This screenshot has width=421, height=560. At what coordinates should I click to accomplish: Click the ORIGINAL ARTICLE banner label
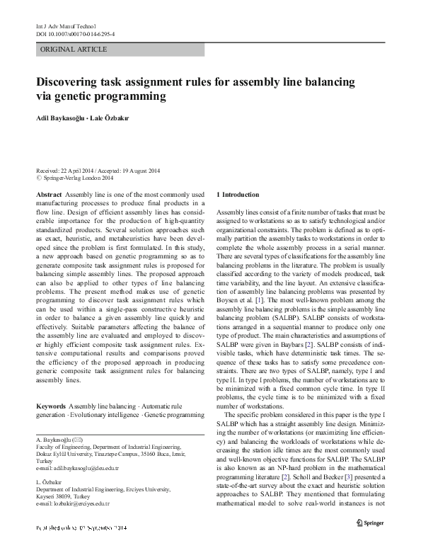pos(74,50)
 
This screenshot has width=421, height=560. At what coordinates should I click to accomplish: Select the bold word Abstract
pos(48,194)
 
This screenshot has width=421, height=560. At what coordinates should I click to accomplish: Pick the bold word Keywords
pos(50,406)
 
